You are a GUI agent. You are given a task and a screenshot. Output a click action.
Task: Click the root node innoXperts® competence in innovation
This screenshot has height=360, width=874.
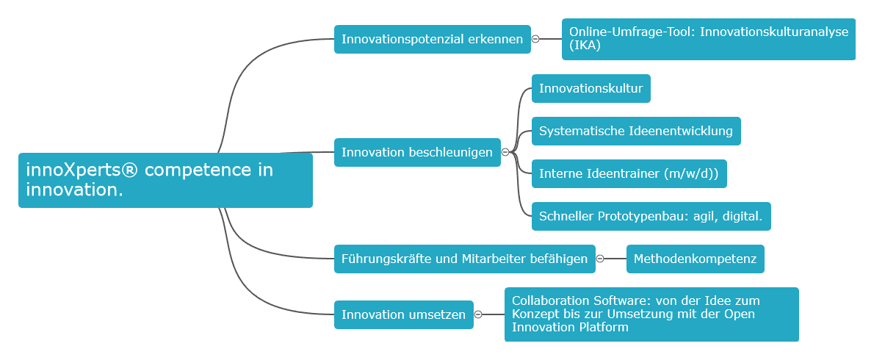[x=165, y=180]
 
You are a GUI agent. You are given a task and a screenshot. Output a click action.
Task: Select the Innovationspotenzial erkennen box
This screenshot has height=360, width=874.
[x=432, y=39]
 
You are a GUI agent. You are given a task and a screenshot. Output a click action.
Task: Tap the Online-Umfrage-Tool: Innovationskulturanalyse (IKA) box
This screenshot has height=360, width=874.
[x=708, y=39]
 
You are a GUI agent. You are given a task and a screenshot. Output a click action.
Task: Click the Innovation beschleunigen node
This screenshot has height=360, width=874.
[x=417, y=152]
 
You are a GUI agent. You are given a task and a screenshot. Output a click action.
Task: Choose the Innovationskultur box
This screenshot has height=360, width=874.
[x=591, y=89]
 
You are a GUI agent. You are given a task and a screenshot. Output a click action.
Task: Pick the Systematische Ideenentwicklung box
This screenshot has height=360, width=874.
[x=635, y=132]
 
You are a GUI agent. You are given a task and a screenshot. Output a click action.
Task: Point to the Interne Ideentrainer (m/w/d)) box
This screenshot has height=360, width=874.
[x=628, y=174]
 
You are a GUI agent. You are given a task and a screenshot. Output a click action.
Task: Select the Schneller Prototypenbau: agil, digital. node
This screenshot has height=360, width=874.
[x=650, y=217]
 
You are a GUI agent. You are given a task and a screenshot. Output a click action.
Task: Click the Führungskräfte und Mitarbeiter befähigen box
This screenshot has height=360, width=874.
[x=464, y=259]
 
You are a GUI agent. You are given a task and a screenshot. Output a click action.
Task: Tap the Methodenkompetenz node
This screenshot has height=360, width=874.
[x=695, y=259]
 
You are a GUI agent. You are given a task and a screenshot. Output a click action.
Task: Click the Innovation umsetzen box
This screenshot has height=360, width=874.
[x=403, y=314]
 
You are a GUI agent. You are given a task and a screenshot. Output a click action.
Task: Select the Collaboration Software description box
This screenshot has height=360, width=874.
[x=651, y=314]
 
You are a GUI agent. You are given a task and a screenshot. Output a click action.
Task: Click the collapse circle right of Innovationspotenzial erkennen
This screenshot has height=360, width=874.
[x=535, y=39]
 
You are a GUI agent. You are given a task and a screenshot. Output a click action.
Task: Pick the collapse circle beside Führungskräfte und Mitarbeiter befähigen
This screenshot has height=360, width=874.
[x=600, y=259]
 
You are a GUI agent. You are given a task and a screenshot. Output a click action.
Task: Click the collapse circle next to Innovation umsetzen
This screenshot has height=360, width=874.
[x=478, y=314]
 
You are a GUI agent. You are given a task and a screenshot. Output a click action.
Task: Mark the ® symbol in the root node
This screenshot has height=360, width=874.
[x=129, y=170]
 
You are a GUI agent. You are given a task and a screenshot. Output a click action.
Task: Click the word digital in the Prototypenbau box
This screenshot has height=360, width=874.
[x=743, y=217]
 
